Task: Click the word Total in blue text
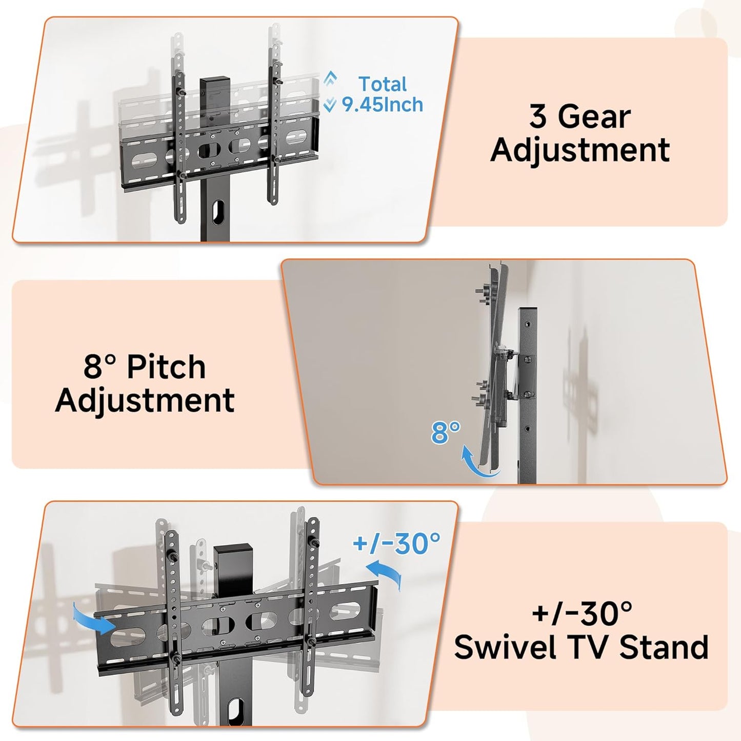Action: click(382, 84)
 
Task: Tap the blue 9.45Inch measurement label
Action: click(383, 105)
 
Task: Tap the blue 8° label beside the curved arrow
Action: click(445, 432)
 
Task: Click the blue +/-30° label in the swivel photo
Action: click(396, 543)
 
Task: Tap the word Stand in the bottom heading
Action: click(664, 647)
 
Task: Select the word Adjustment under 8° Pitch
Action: click(145, 400)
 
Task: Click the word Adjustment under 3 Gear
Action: click(580, 150)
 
